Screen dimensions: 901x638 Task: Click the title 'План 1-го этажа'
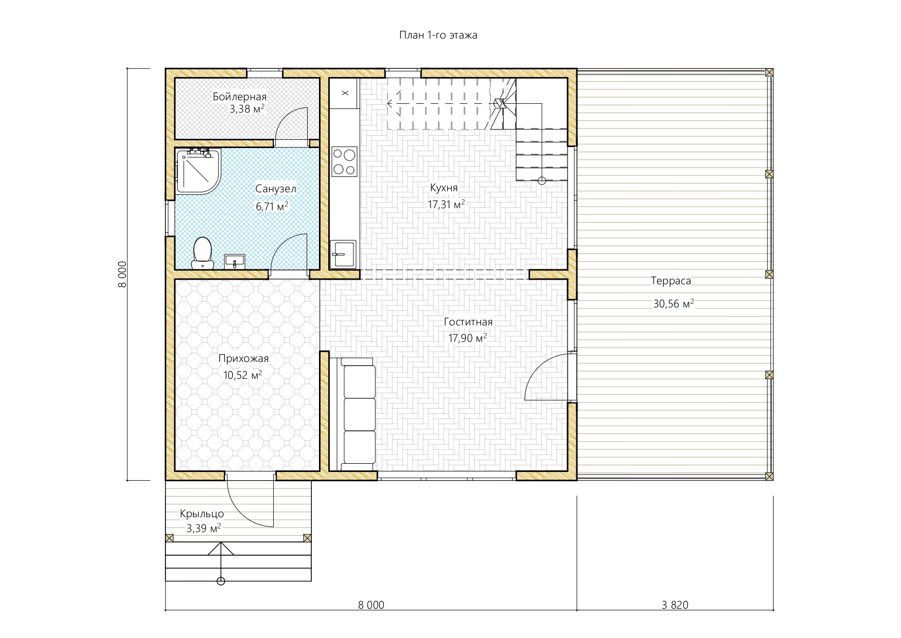(x=438, y=35)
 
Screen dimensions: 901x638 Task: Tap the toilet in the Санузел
(x=202, y=253)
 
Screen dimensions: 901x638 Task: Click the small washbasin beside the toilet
(x=235, y=262)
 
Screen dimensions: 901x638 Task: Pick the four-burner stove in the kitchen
(x=344, y=161)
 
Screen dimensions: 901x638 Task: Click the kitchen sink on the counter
(x=343, y=253)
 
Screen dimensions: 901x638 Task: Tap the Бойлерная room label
(x=239, y=97)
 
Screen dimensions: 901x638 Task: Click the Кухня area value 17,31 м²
(x=446, y=204)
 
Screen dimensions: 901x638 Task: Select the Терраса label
(x=671, y=281)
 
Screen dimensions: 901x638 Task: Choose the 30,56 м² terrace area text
(x=673, y=303)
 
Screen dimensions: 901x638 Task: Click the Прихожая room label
(x=243, y=359)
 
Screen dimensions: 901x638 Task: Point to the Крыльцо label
(x=202, y=514)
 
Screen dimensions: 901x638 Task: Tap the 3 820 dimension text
(x=675, y=605)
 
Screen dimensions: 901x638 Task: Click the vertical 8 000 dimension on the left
(x=122, y=274)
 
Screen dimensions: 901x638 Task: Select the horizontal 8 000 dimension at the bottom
(x=371, y=605)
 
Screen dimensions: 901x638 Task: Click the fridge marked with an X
(x=345, y=93)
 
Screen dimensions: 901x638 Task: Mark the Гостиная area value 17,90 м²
(x=467, y=338)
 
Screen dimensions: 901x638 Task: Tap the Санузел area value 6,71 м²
(x=272, y=207)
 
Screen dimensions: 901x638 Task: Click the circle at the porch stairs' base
(x=221, y=581)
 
